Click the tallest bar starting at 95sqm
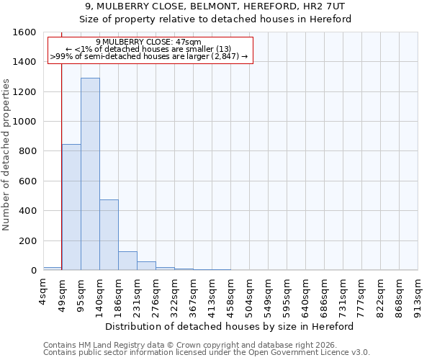90,174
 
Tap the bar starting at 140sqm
109,235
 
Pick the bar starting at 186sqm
127,261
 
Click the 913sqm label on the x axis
418,292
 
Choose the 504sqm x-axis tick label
250,292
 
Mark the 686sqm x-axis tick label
325,292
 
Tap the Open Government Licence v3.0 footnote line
207,353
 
